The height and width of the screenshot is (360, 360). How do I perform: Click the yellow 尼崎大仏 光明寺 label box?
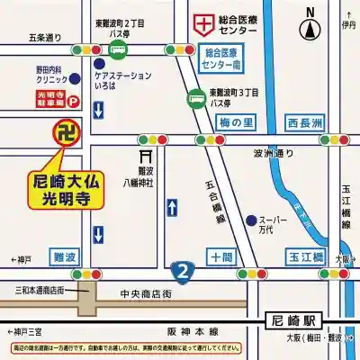[70, 189]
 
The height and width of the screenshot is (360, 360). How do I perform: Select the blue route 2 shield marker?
[183, 270]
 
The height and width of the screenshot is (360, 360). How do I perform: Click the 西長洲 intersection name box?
[304, 121]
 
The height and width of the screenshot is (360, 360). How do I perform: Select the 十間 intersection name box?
[220, 257]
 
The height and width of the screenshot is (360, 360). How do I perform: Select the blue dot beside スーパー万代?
[250, 220]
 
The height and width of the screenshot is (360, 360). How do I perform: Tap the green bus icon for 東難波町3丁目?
[195, 99]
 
